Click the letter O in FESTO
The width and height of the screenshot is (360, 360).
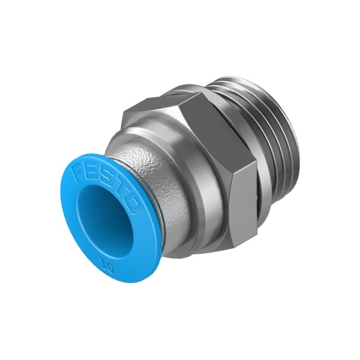(131, 206)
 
